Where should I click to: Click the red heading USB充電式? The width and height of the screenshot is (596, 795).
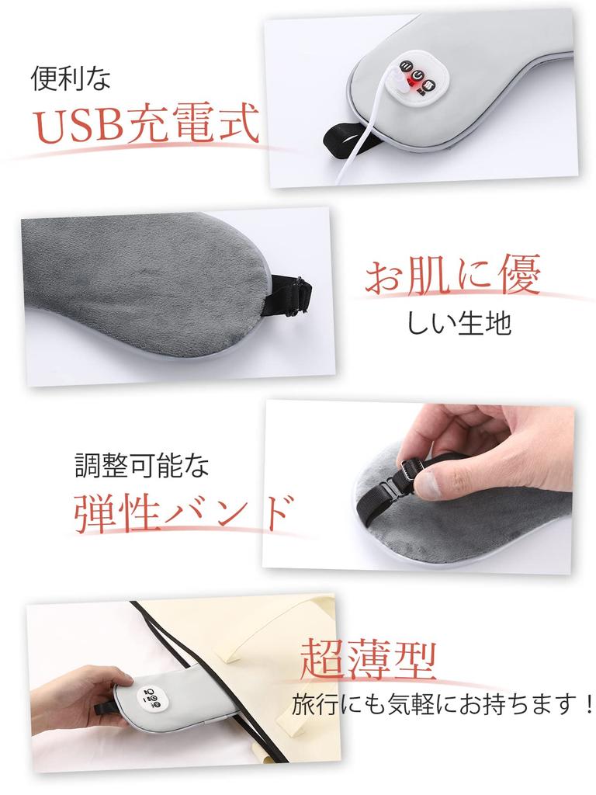click(146, 124)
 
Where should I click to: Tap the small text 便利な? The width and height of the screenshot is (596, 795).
click(71, 78)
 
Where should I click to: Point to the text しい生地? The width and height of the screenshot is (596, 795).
click(459, 322)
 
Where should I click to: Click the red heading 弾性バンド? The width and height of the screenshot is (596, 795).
click(183, 512)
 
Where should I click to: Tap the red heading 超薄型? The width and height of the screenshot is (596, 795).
click(368, 658)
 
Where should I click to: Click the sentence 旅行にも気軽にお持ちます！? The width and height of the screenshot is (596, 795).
click(443, 706)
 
